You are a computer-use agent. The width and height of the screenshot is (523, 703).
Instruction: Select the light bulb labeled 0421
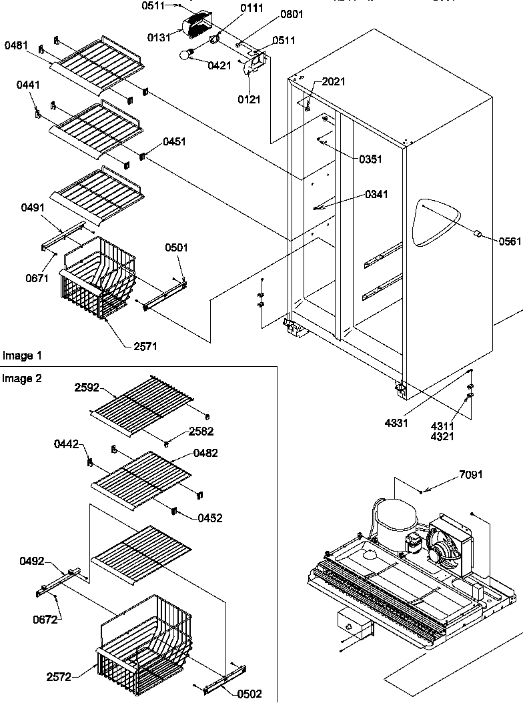(x=186, y=56)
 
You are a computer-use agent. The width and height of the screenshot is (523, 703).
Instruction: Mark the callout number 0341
(x=376, y=195)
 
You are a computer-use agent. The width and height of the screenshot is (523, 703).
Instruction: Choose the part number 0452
(x=211, y=518)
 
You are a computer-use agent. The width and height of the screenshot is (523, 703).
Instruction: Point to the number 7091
(x=470, y=475)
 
